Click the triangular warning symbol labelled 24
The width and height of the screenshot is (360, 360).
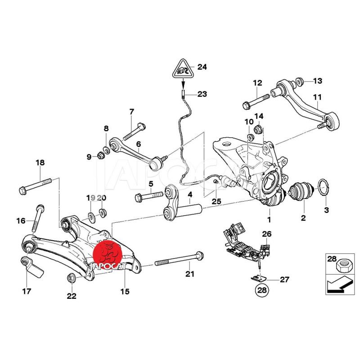tap(182, 69)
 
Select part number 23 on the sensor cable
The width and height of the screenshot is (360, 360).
tap(184, 94)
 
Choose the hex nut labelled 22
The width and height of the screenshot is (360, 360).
tap(71, 278)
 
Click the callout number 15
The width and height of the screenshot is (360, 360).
tap(125, 292)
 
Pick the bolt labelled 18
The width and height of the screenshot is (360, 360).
tap(36, 185)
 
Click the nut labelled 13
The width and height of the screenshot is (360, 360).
tap(298, 82)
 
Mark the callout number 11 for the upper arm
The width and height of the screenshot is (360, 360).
tap(318, 97)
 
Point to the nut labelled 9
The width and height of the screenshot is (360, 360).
tap(101, 156)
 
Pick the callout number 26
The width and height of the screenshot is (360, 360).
tap(267, 234)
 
